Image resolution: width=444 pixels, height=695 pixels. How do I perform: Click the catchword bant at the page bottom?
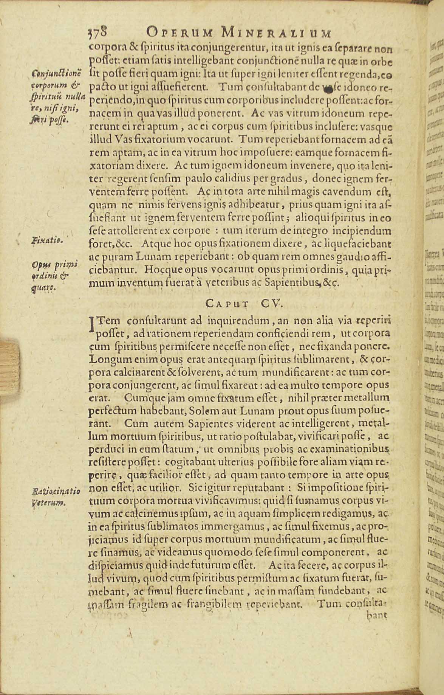click(x=377, y=615)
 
